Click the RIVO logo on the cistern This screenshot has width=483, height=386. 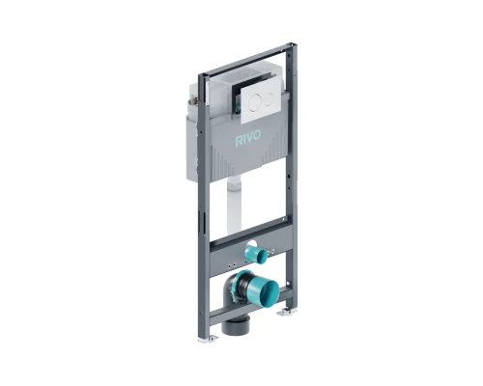(248, 138)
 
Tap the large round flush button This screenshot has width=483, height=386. (256, 99)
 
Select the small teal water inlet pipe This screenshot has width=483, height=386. (256, 253)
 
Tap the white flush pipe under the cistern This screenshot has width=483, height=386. (234, 206)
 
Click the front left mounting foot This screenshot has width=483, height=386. (208, 338)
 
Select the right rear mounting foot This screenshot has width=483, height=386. (287, 312)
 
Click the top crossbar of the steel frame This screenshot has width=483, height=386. (246, 59)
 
